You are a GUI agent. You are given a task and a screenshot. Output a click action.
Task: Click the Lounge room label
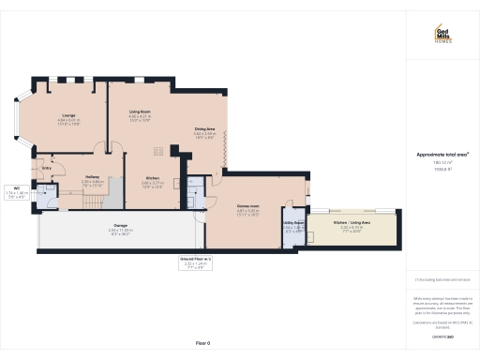point(68,115)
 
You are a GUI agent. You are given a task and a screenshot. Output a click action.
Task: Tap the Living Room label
point(141,112)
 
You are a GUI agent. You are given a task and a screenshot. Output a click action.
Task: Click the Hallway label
point(93,176)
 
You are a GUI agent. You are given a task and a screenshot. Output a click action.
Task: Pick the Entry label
point(46,170)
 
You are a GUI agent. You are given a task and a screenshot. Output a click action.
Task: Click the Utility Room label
point(291,223)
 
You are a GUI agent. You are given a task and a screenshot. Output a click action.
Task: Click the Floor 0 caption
point(202,345)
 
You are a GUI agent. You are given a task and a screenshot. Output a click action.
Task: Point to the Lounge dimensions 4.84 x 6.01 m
point(68,122)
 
